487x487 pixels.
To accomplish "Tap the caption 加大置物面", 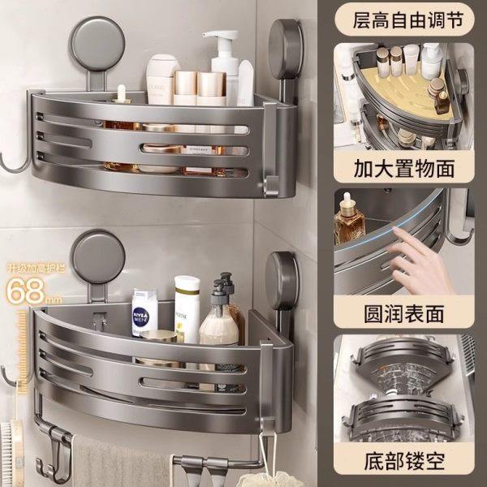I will point(404,169).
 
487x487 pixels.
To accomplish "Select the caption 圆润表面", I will point(404,312).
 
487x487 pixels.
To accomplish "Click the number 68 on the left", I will point(24,288).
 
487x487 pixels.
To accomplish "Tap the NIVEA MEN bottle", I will point(144,312).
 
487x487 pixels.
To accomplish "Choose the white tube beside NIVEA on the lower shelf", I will point(187,308).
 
